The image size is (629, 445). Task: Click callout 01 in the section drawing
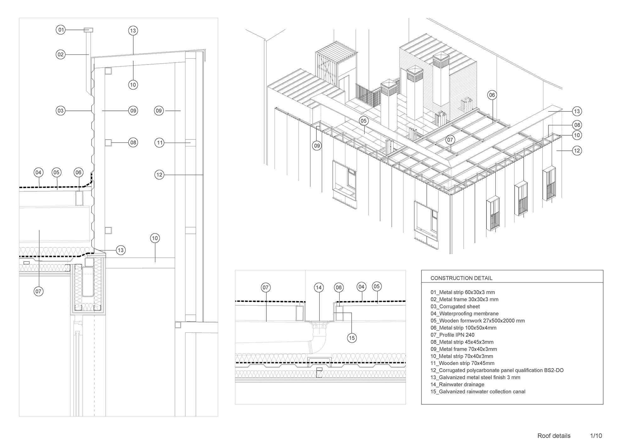point(61,30)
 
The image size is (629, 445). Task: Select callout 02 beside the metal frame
point(61,54)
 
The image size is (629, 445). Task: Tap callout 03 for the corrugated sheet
point(61,111)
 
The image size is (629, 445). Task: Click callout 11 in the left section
point(160,143)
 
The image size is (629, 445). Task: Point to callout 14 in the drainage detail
point(319,287)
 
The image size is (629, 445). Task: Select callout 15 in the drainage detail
point(352,338)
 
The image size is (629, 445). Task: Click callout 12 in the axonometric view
point(577,151)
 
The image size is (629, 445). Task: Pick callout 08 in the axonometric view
point(577,125)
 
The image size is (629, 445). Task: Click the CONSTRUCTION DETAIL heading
point(461,278)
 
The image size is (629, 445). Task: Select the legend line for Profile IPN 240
point(453,335)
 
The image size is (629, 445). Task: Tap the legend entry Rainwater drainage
point(457,385)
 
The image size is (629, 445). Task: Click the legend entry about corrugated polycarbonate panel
point(497,370)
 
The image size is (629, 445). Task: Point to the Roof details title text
point(554,436)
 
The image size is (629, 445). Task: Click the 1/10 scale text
point(596,436)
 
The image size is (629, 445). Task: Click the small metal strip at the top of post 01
point(88,30)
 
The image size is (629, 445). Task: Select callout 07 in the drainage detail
point(266,287)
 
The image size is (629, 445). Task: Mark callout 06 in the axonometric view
point(492,95)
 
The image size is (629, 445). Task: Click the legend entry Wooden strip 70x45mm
point(462,363)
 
